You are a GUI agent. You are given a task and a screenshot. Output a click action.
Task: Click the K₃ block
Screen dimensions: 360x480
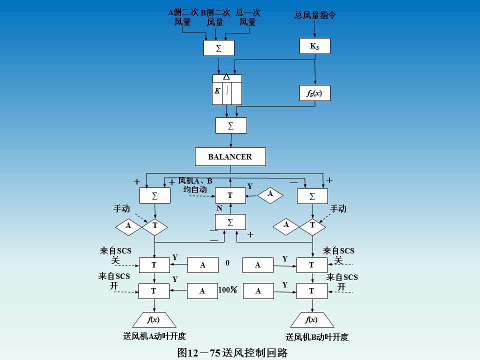tap(314, 46)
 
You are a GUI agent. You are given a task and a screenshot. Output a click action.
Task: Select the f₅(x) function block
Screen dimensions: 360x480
tap(314, 93)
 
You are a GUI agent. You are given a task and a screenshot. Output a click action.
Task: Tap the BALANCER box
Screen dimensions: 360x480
tap(230, 157)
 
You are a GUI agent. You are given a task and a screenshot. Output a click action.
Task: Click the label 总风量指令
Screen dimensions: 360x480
tap(315, 15)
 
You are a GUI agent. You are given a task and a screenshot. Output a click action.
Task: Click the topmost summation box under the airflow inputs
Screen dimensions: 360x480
tap(218, 48)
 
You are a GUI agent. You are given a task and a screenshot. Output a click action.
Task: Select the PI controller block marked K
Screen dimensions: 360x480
tap(227, 90)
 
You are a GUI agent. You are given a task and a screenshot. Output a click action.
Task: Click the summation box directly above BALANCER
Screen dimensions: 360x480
tap(231, 125)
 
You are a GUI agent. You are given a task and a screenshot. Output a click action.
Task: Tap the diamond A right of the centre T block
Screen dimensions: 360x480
tap(270, 194)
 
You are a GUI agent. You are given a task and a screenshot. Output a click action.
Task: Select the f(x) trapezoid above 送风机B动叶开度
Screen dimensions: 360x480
tap(312, 319)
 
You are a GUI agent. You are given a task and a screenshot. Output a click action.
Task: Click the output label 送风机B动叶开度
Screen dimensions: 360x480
tap(317, 337)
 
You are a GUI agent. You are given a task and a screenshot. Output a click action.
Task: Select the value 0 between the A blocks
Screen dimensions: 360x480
tap(227, 262)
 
